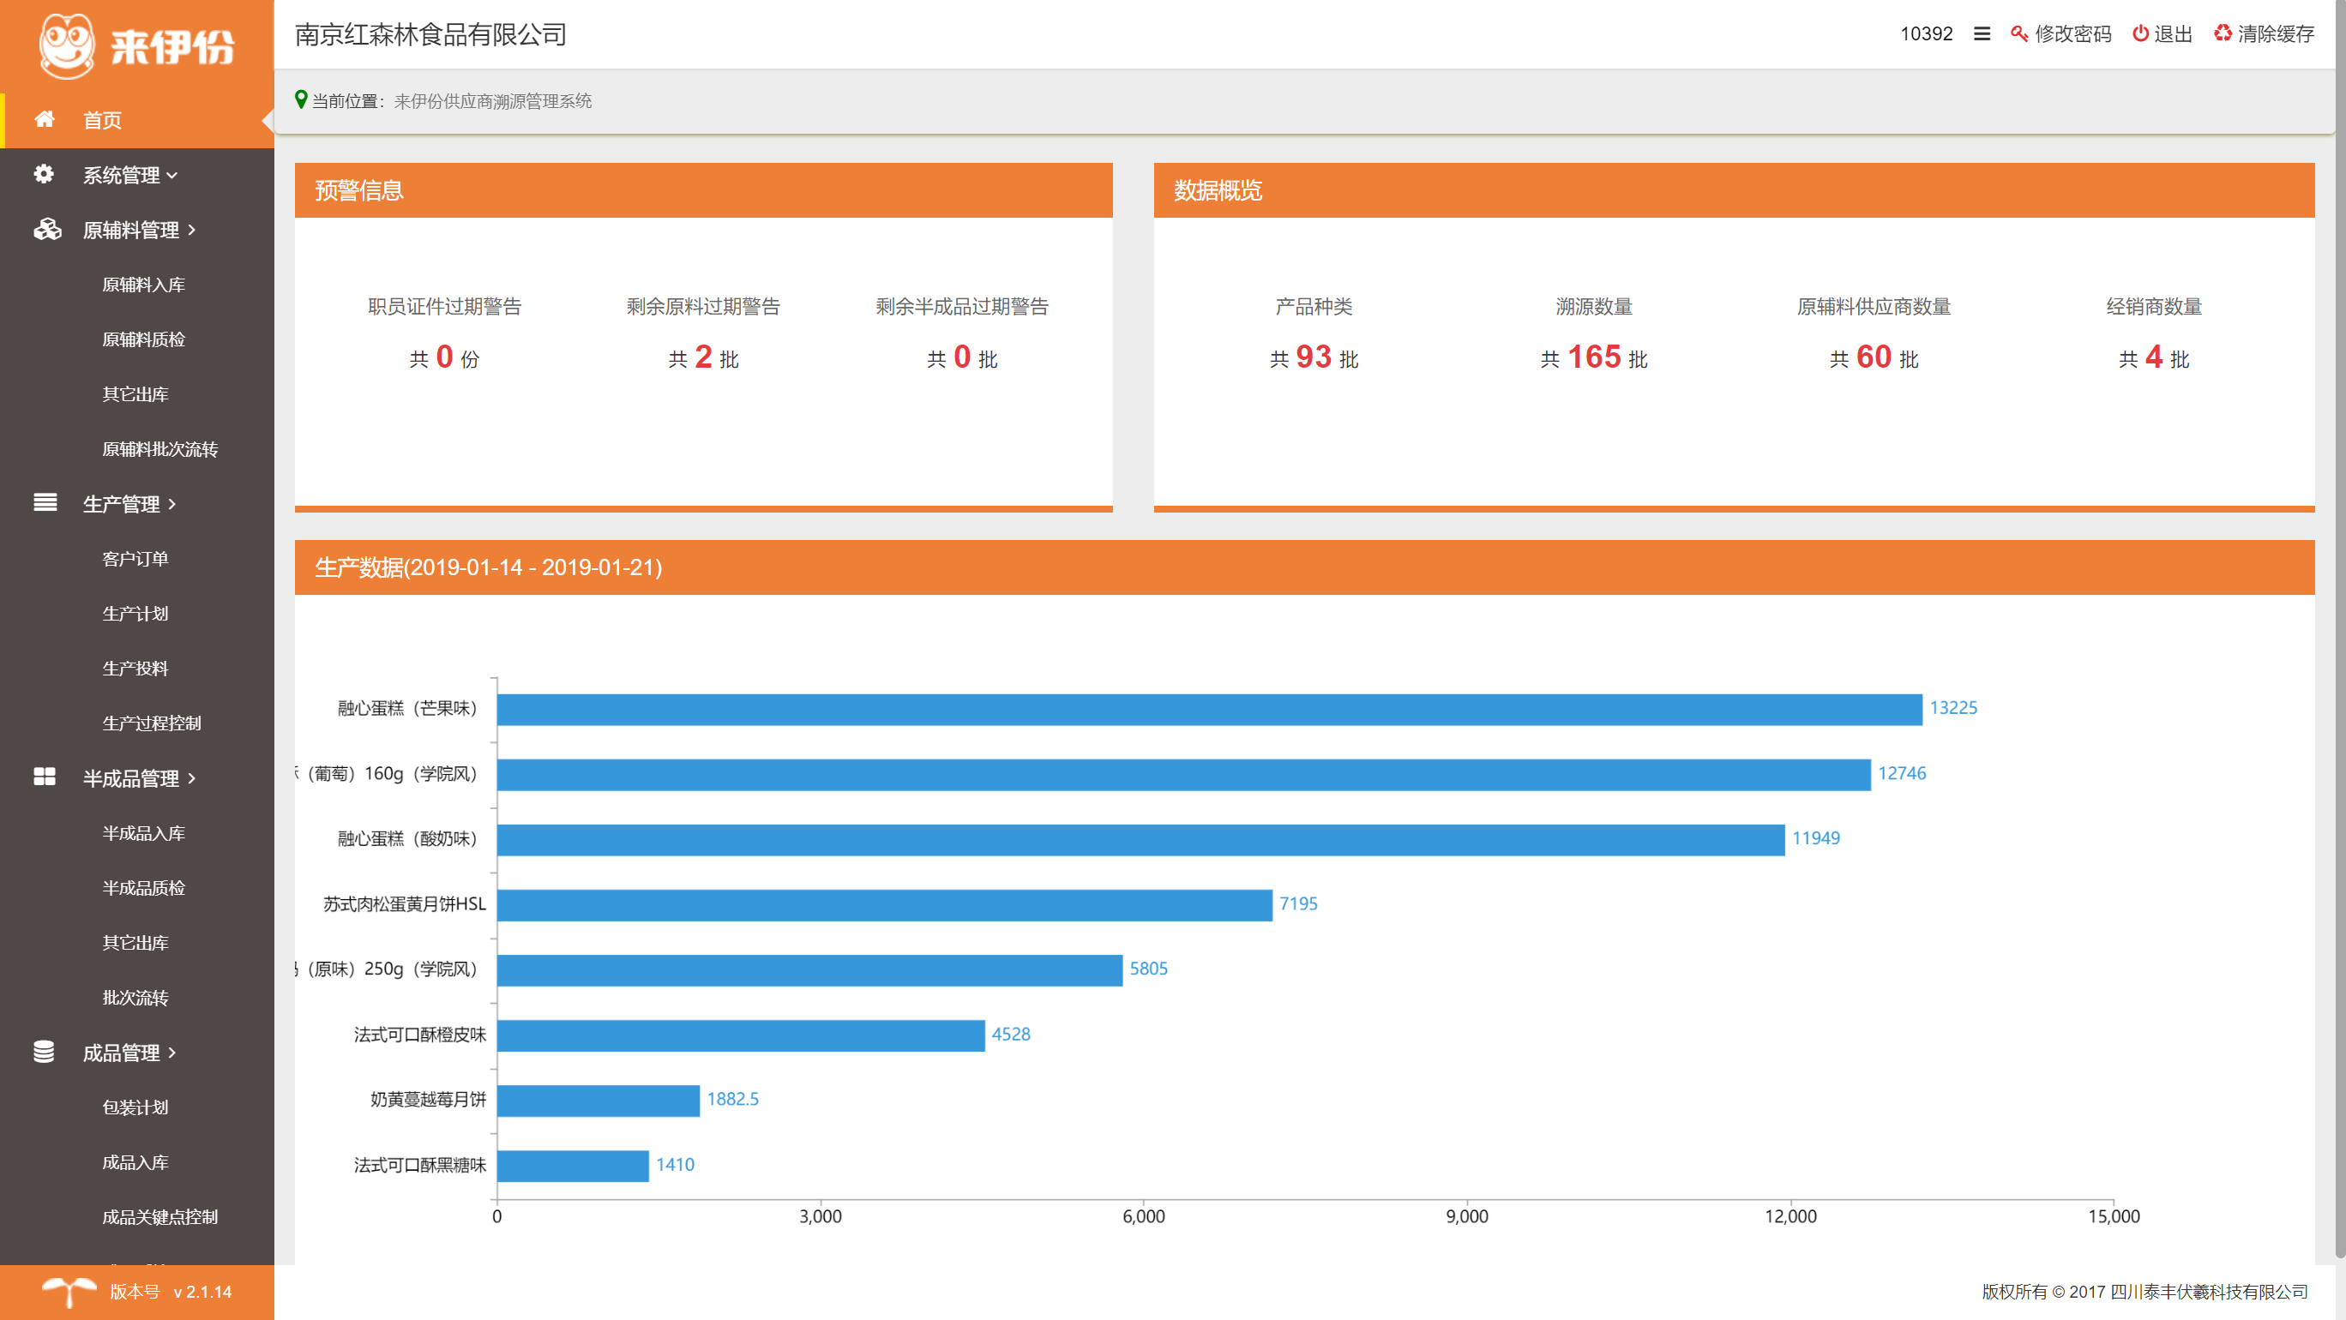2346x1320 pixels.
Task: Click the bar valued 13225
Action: (x=1209, y=709)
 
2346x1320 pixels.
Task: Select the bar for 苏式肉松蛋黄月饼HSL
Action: (x=884, y=905)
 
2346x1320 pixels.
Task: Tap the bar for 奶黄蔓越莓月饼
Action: (x=599, y=1101)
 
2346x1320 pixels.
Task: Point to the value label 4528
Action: (x=1011, y=1035)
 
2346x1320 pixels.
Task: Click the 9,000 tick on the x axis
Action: (x=1466, y=1216)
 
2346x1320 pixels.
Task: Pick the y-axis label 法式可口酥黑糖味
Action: (x=420, y=1165)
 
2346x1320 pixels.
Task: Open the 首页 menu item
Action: (x=102, y=120)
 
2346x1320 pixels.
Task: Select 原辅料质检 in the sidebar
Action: (x=144, y=339)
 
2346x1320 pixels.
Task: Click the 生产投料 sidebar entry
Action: (x=135, y=669)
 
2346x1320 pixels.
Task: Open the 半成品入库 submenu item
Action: (x=144, y=833)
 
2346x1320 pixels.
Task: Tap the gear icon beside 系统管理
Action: (x=44, y=174)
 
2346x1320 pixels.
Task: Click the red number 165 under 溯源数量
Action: (x=1594, y=357)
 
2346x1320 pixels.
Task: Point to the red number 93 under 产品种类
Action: (x=1314, y=357)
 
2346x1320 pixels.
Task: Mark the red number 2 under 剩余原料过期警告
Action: (x=703, y=357)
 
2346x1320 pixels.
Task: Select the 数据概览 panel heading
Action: (x=1218, y=190)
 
